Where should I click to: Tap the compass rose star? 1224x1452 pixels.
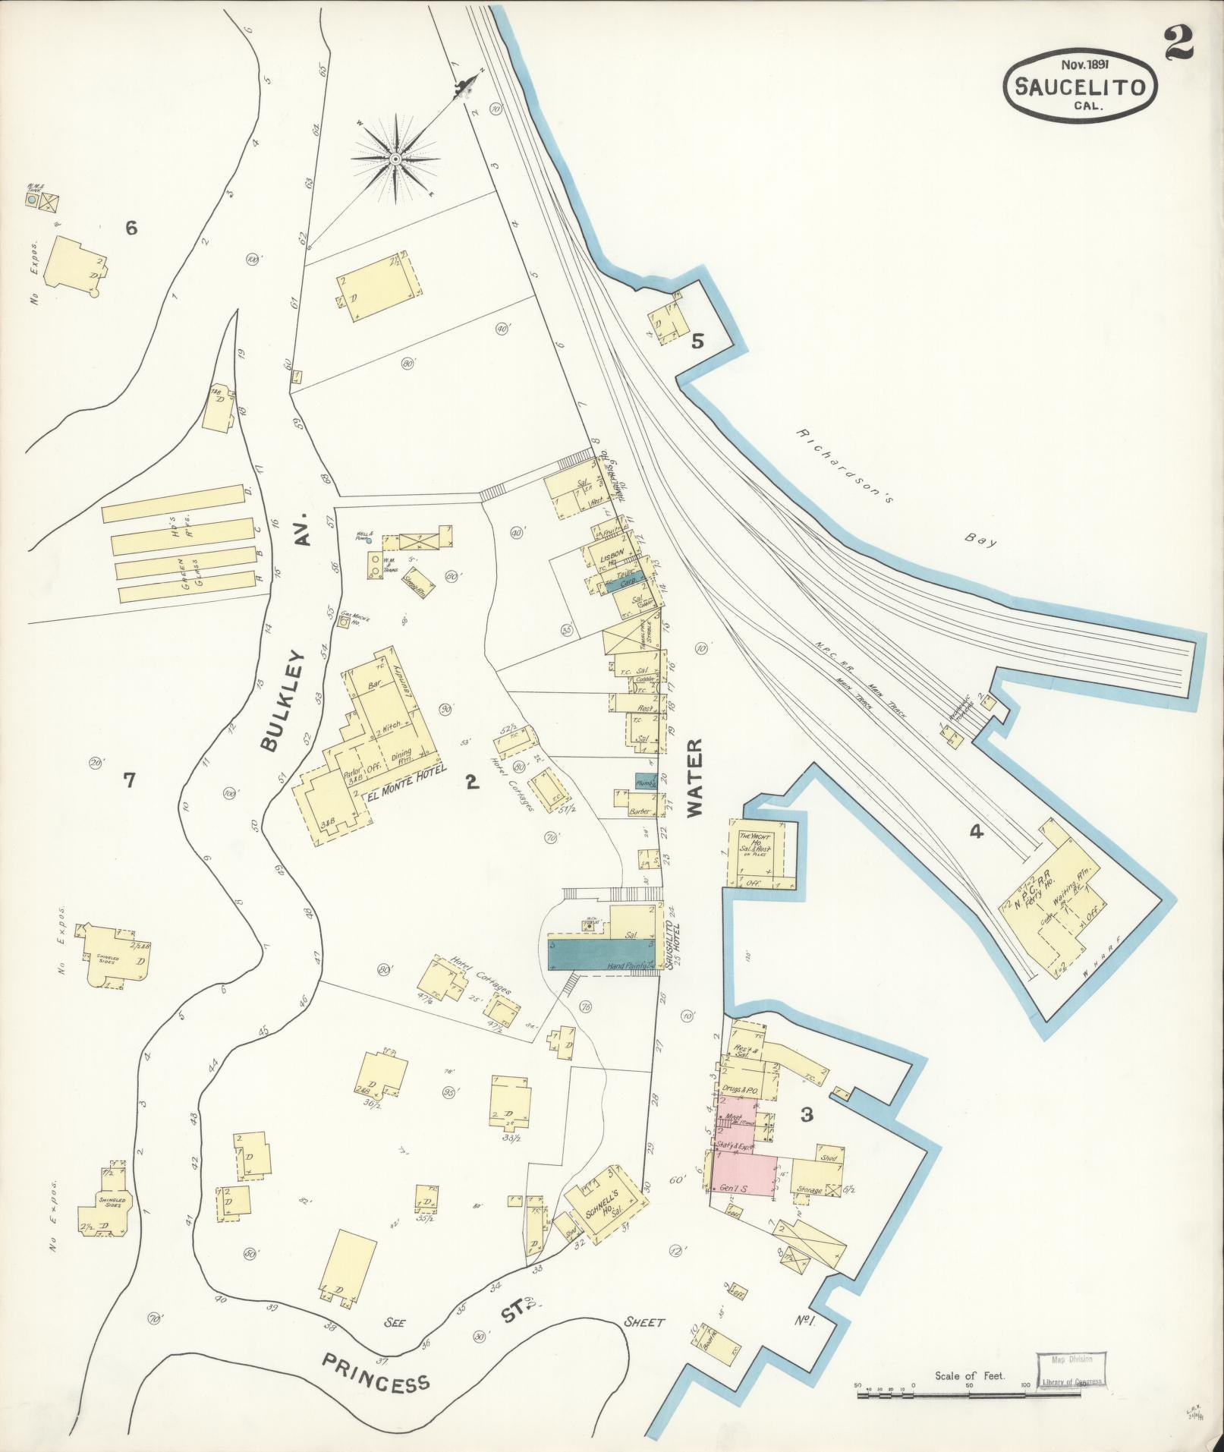coord(395,159)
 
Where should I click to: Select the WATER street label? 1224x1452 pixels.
coord(697,777)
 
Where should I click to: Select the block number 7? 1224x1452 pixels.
coord(129,780)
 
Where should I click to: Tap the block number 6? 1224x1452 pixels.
coord(131,227)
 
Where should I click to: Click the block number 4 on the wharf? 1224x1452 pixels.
coord(976,833)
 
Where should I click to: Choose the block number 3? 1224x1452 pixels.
coord(807,1115)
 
